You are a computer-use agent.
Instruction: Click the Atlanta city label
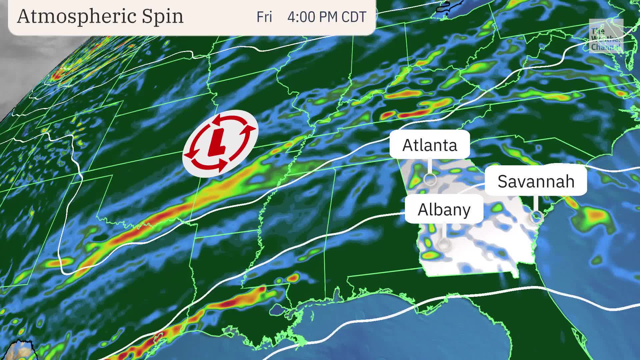point(430,145)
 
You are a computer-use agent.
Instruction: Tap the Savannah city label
point(536,181)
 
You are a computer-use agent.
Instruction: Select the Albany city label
point(444,209)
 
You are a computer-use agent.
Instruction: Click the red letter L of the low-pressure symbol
point(217,143)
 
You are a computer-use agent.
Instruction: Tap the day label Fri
point(264,17)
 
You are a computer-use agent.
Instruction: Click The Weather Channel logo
point(606,36)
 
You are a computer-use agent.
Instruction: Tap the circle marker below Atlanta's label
point(430,179)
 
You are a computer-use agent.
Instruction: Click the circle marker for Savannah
point(536,217)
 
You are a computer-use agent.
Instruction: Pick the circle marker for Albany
point(444,244)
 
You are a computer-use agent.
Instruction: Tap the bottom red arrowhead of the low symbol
point(220,166)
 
